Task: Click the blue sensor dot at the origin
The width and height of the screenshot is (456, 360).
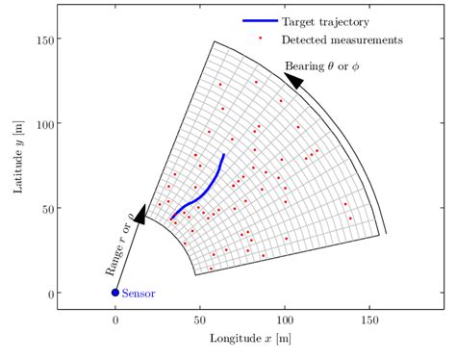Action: click(115, 293)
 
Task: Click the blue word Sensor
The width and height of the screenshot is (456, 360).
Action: click(139, 293)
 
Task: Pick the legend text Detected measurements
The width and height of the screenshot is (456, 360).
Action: click(342, 40)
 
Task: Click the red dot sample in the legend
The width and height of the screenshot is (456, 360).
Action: click(260, 40)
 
